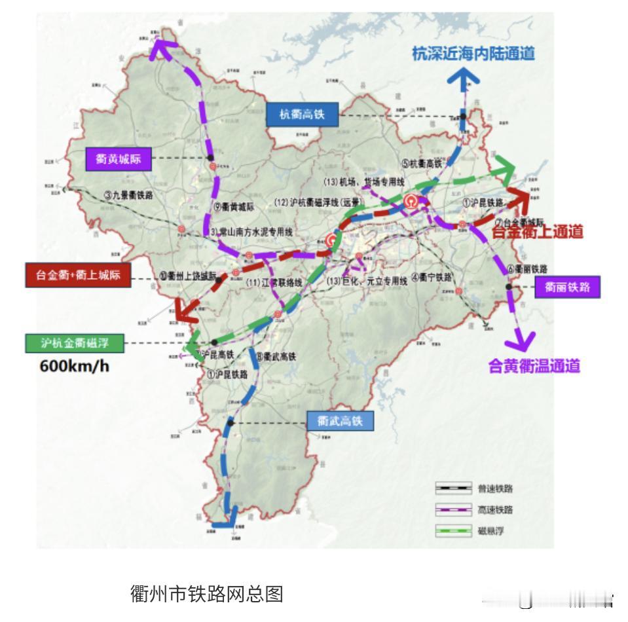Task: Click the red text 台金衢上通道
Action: (x=538, y=232)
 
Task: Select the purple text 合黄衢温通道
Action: (x=534, y=367)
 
